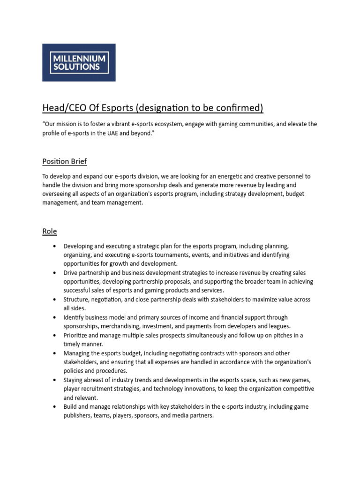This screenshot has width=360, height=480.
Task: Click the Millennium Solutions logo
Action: pos(79,62)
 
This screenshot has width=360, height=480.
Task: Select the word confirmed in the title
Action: pos(239,108)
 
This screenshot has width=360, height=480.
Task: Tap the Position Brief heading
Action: pos(64,161)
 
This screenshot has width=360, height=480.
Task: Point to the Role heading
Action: pos(49,231)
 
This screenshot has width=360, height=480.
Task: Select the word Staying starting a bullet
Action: pos(75,380)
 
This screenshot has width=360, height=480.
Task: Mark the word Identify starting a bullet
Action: pos(75,317)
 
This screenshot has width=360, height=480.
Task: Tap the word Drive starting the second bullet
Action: pos(71,272)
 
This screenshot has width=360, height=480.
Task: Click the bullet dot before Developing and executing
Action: pos(55,246)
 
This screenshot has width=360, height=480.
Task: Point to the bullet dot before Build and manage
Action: pos(55,407)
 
